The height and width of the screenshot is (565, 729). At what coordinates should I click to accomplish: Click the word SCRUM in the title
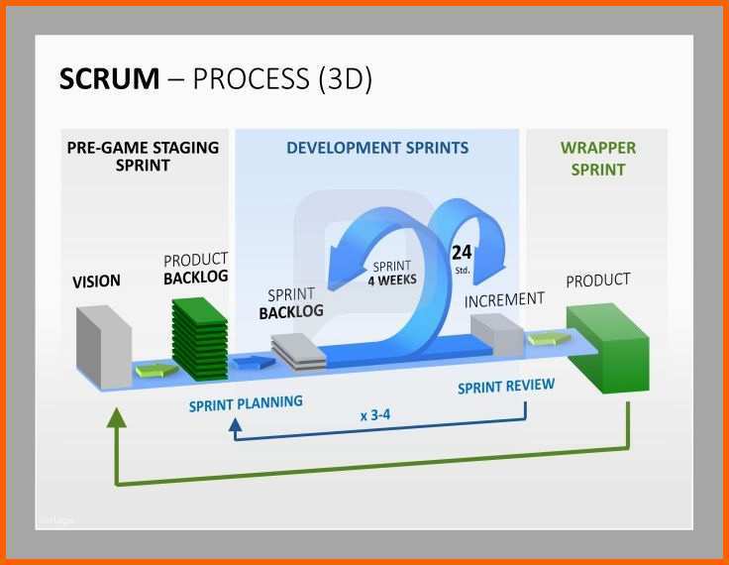pyautogui.click(x=109, y=78)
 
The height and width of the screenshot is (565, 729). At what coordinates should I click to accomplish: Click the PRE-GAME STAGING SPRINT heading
pyautogui.click(x=143, y=157)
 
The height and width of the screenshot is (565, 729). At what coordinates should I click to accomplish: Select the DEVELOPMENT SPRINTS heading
pyautogui.click(x=377, y=148)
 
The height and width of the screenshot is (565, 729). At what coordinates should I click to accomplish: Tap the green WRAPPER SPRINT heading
pyautogui.click(x=598, y=159)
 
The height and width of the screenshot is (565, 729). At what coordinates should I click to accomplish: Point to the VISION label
pyautogui.click(x=96, y=282)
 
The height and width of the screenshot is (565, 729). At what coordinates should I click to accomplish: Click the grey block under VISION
pyautogui.click(x=104, y=346)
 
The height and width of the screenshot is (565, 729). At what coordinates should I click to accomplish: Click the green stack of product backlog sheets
pyautogui.click(x=200, y=338)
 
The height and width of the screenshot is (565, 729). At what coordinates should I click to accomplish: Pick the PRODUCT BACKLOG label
pyautogui.click(x=196, y=269)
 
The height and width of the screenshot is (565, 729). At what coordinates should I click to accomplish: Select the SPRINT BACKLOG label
pyautogui.click(x=291, y=303)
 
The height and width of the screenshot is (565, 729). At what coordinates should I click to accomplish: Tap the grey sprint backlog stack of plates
pyautogui.click(x=298, y=352)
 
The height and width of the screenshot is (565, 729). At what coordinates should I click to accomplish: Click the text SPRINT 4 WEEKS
pyautogui.click(x=392, y=274)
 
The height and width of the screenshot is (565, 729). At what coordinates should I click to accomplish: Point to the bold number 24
pyautogui.click(x=462, y=253)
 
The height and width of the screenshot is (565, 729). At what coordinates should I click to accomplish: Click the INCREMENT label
pyautogui.click(x=504, y=299)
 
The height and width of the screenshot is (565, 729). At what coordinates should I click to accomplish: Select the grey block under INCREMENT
pyautogui.click(x=497, y=335)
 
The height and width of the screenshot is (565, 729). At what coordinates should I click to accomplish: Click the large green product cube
pyautogui.click(x=607, y=348)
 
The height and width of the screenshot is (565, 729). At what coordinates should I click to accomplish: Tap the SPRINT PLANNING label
pyautogui.click(x=246, y=403)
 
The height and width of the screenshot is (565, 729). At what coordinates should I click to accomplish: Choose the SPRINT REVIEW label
pyautogui.click(x=506, y=387)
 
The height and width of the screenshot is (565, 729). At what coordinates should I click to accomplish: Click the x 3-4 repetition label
pyautogui.click(x=375, y=414)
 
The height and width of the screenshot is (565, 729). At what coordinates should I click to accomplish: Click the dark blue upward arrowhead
pyautogui.click(x=236, y=424)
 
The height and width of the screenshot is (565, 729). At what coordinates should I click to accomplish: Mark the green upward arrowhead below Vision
pyautogui.click(x=116, y=417)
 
